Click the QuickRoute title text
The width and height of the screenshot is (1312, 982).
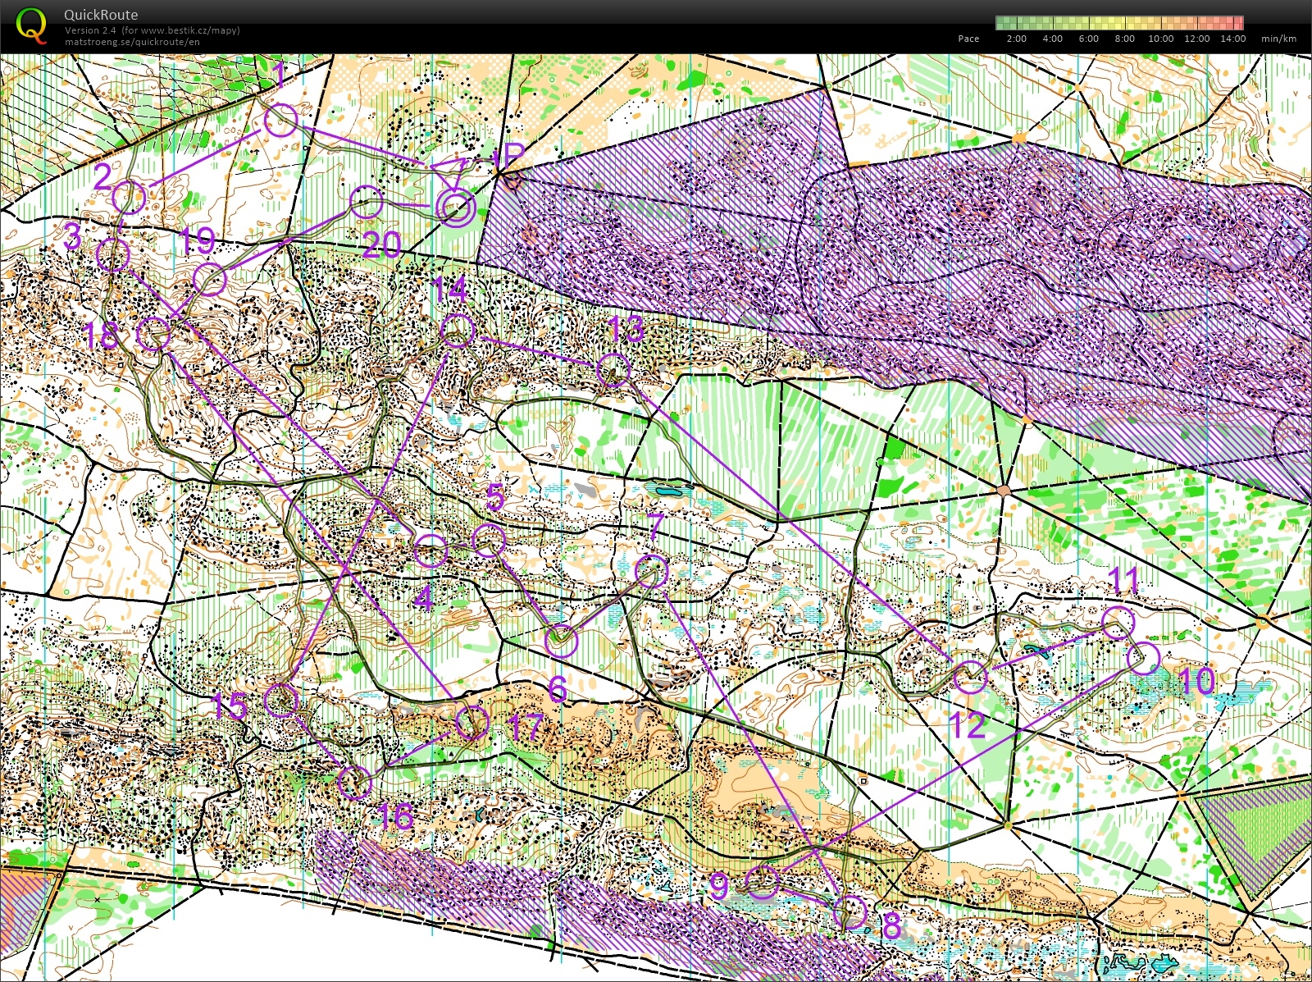[101, 15]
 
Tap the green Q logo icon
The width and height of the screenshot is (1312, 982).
[31, 24]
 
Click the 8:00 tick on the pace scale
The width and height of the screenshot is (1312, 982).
[1124, 39]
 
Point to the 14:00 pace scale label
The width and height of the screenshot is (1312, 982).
[1232, 39]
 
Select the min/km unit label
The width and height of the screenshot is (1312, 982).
[1278, 39]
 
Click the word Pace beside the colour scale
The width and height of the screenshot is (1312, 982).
[968, 39]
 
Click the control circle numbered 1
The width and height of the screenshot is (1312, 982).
[280, 121]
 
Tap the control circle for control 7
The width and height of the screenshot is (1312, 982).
[652, 570]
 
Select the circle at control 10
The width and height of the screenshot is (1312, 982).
[1144, 657]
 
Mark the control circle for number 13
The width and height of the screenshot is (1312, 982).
[613, 369]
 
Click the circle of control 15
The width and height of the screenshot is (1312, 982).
[281, 700]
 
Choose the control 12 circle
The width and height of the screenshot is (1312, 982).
[970, 677]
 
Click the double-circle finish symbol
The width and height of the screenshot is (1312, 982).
[455, 208]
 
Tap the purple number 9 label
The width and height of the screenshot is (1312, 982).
[718, 886]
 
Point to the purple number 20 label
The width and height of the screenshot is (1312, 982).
[382, 245]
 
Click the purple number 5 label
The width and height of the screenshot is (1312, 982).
[495, 497]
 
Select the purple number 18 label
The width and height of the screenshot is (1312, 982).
[102, 335]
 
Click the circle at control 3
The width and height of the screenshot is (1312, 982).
[113, 255]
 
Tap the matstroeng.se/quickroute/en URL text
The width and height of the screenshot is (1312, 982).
[132, 42]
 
